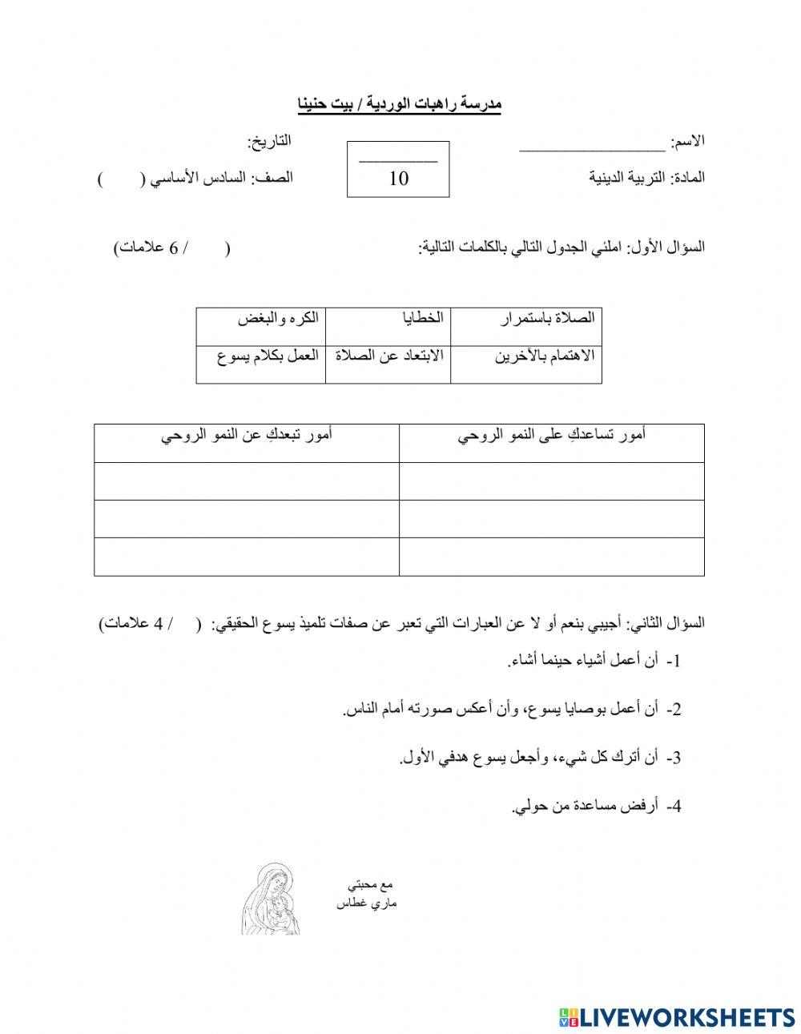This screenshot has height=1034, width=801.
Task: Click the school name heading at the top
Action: [398, 104]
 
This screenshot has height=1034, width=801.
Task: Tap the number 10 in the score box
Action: [398, 178]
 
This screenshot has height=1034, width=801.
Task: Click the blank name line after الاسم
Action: [592, 146]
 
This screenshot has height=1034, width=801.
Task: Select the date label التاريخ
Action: [269, 142]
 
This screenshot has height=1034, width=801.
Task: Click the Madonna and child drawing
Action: [272, 899]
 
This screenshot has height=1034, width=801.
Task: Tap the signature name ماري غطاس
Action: [367, 903]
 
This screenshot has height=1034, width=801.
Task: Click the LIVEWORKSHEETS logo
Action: [677, 1016]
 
